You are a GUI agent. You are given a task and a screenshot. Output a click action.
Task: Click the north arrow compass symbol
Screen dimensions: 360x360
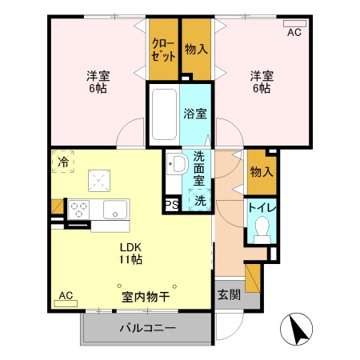(x=296, y=329)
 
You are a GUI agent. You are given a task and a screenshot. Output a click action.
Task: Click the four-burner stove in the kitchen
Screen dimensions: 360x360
(x=79, y=210)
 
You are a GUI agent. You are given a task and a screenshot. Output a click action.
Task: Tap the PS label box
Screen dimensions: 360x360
(x=171, y=204)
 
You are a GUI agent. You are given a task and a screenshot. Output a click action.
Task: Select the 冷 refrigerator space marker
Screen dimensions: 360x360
(x=62, y=162)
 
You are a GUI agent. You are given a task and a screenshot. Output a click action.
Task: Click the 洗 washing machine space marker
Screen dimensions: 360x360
(x=200, y=201)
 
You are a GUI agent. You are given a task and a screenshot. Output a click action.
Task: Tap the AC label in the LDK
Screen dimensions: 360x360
(x=66, y=295)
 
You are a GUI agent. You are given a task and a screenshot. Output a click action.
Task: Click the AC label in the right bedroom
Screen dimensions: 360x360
(x=294, y=32)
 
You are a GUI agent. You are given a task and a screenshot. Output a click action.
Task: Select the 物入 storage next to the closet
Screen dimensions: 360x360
(x=197, y=49)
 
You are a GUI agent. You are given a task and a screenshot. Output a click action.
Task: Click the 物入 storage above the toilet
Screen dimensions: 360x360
(x=261, y=171)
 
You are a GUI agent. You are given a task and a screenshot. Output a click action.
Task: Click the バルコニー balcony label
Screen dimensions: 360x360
(x=147, y=329)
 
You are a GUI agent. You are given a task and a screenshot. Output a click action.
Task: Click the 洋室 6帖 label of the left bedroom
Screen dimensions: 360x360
(x=98, y=82)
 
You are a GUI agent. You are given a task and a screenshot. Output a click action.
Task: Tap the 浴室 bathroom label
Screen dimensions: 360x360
(x=194, y=114)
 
